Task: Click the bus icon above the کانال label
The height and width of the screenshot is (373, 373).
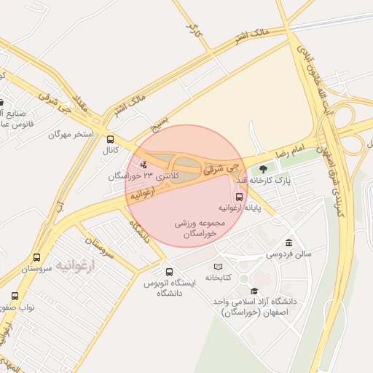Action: coord(110,138)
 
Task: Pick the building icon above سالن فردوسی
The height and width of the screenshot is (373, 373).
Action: coord(289,243)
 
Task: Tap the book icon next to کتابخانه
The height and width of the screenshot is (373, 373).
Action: coord(218,267)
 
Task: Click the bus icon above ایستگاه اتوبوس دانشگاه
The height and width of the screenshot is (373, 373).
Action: coord(169,272)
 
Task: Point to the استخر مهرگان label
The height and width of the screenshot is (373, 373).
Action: coord(71,135)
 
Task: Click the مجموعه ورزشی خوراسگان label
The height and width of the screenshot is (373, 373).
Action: coord(197,229)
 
